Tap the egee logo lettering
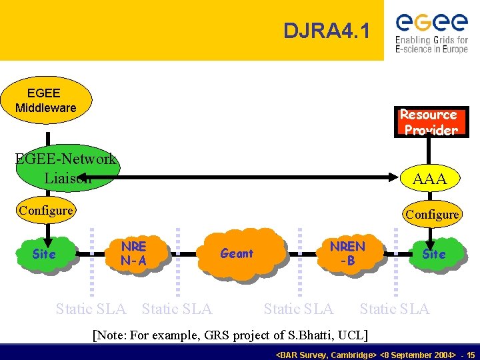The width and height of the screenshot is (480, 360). [432, 22]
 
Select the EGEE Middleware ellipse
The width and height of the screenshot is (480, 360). [45, 101]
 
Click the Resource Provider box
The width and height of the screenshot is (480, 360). [429, 122]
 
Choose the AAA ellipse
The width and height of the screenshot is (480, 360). [429, 179]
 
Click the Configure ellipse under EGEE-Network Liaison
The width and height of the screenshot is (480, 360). [46, 211]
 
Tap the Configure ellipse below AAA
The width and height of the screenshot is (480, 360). [432, 214]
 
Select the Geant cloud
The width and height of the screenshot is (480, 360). [239, 253]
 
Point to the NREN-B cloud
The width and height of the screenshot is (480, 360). [348, 253]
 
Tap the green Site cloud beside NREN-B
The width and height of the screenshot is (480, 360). [434, 254]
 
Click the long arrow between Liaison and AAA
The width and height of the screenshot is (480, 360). [253, 177]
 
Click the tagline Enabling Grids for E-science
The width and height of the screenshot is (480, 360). [432, 45]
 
